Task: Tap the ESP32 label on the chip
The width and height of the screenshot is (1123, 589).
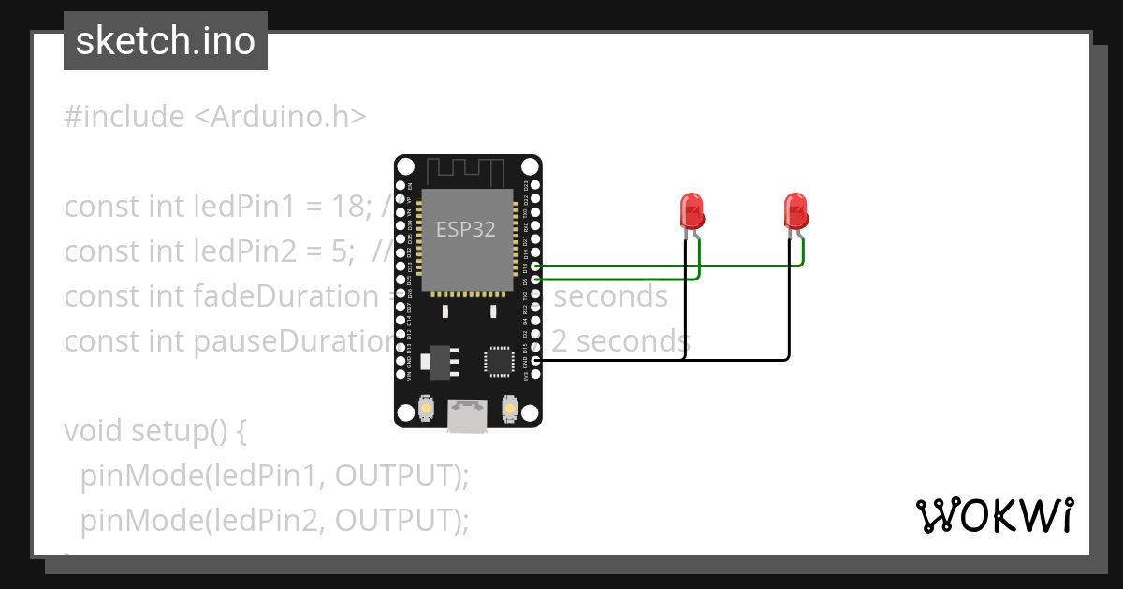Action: click(466, 229)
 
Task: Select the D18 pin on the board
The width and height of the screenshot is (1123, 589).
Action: click(535, 266)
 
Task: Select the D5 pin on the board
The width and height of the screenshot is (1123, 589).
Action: click(535, 280)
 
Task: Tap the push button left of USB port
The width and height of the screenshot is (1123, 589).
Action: click(426, 409)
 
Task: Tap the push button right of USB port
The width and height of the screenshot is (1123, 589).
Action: click(510, 409)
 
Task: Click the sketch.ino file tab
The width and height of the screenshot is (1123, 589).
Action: click(166, 41)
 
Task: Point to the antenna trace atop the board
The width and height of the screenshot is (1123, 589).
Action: click(468, 172)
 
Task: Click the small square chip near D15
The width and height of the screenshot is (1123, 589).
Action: click(497, 360)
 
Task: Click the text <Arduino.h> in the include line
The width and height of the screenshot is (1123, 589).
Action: click(280, 117)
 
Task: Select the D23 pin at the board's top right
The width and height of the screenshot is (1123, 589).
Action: click(535, 186)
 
